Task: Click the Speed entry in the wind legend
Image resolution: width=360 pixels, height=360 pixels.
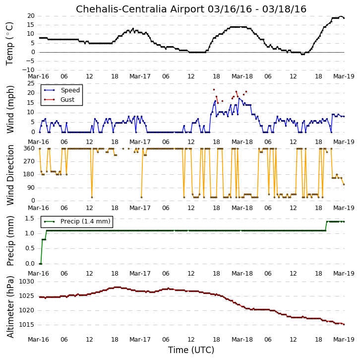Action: click(70, 90)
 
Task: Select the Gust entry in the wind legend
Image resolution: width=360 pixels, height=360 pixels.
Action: click(67, 99)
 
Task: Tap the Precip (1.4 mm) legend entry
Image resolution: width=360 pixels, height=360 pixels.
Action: click(85, 221)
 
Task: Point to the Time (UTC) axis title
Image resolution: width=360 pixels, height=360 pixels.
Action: click(191, 350)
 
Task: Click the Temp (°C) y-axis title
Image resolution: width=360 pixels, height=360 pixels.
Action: click(9, 44)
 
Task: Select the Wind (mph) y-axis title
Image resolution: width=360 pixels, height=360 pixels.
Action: click(10, 109)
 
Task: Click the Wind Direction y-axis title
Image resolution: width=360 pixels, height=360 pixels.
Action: click(10, 175)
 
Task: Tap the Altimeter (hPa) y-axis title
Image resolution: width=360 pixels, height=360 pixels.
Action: click(10, 307)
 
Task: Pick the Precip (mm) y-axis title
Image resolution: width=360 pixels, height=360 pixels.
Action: click(10, 241)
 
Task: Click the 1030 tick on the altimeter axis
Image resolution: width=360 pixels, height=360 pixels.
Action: click(26, 282)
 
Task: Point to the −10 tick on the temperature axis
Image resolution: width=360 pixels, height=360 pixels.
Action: click(28, 70)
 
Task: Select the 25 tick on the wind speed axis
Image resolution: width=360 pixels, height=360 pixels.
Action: click(31, 83)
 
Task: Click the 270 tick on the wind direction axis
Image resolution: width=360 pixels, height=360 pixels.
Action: click(29, 161)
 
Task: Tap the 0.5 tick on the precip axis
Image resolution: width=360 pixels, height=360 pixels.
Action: click(30, 248)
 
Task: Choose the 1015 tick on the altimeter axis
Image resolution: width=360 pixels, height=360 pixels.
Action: click(26, 325)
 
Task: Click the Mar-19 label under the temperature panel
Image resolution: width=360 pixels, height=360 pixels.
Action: click(344, 76)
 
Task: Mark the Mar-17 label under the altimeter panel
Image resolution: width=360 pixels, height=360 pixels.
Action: click(140, 340)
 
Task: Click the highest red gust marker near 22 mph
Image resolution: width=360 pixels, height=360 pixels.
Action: click(214, 90)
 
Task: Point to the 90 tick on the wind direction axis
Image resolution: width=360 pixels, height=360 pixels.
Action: click(31, 188)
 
